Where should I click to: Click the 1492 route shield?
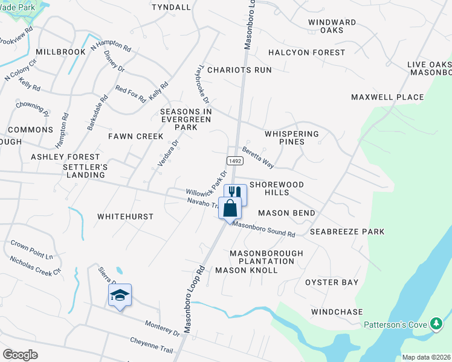235,161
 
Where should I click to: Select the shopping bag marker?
230,209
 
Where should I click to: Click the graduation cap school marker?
120,295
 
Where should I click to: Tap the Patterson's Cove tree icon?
436,325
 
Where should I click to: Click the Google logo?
20,355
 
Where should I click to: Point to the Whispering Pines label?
291,138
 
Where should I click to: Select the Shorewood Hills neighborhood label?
277,188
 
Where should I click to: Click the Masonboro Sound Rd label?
264,230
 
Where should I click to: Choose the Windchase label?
337,312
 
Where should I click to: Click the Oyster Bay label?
332,282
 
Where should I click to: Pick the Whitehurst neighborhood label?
126,216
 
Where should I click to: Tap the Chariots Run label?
239,70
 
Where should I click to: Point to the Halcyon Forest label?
306,53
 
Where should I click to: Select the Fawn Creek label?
136,136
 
